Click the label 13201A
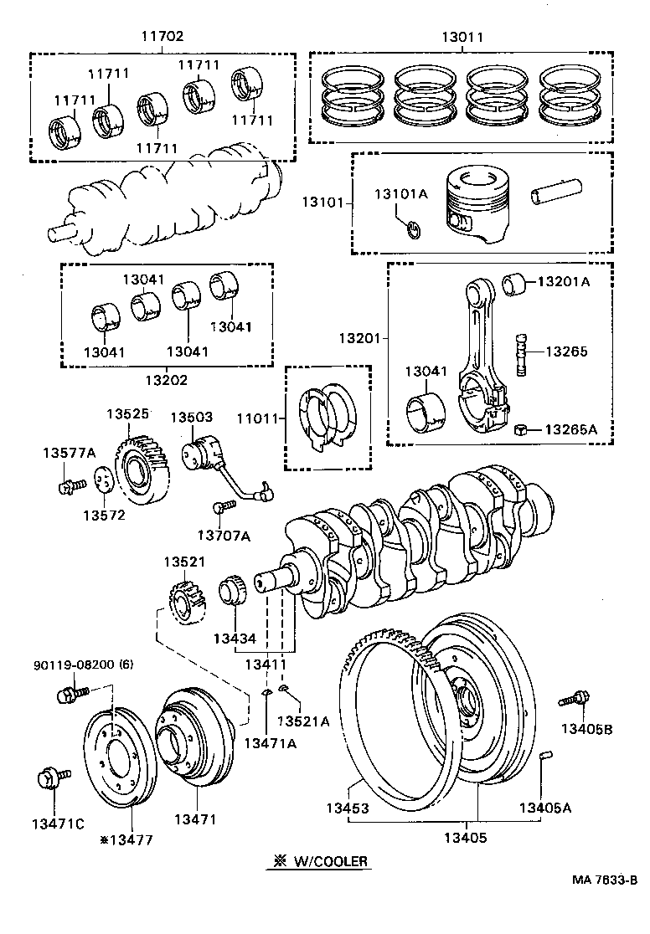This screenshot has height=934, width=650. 563,282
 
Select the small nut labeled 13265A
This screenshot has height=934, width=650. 520,429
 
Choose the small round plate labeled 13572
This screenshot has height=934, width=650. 103,482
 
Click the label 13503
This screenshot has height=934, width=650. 192,417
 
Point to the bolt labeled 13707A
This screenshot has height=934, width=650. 222,506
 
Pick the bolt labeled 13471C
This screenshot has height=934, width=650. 48,779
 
